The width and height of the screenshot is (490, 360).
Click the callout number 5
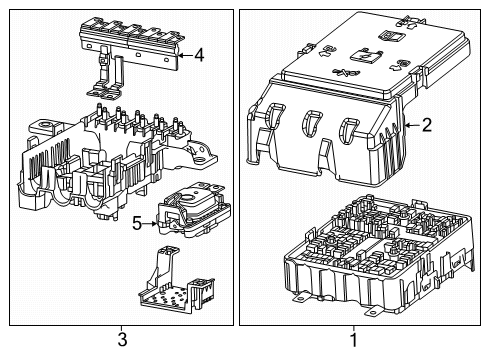137,224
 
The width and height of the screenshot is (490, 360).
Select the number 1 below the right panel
353,341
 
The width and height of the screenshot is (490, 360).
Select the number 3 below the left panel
121,341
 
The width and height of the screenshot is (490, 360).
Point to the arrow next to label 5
151,224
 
